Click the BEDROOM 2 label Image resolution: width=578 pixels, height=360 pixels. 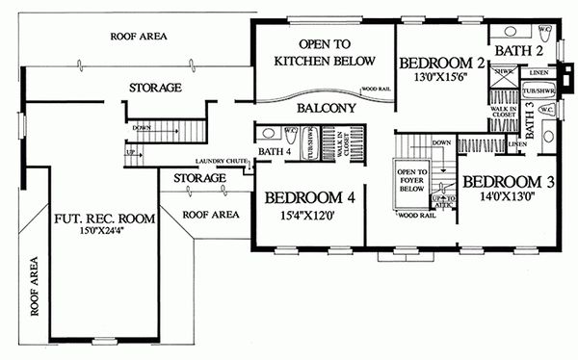(439, 64)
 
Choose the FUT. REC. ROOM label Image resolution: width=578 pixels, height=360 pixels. (100, 217)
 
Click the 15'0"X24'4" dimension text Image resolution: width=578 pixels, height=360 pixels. (99, 232)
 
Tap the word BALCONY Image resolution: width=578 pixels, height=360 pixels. (323, 109)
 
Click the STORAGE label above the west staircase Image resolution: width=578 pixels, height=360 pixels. (155, 88)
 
